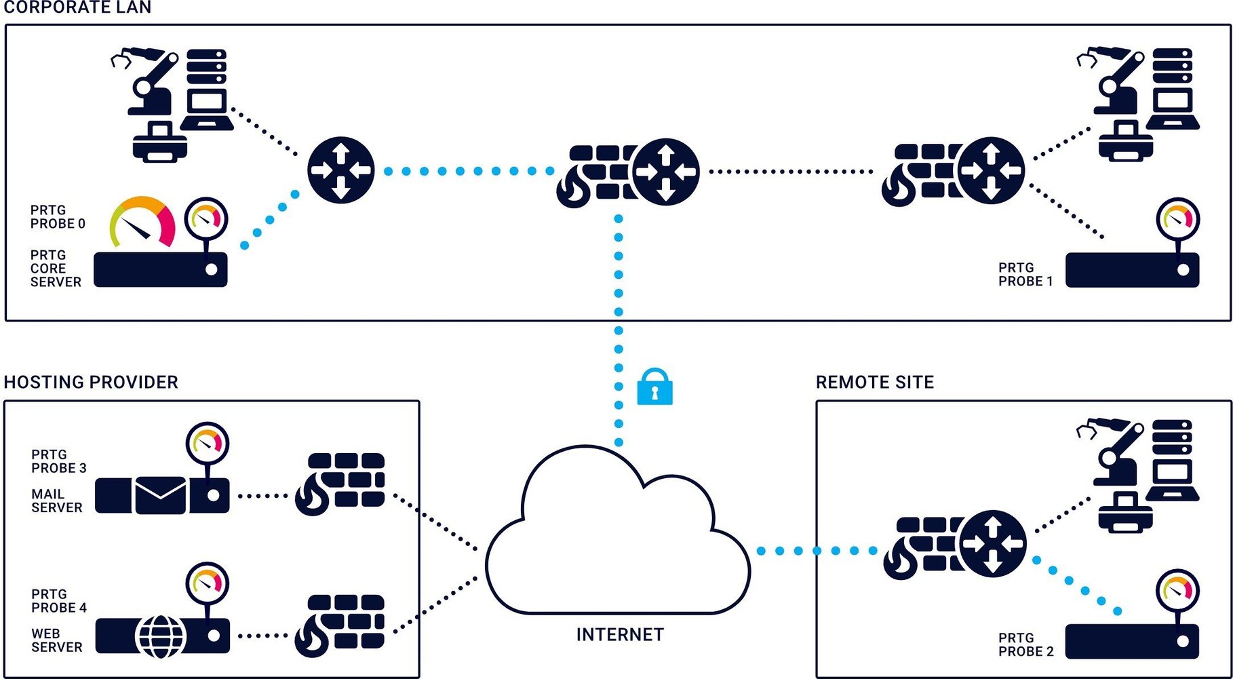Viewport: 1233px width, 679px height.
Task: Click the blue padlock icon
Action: point(654,388)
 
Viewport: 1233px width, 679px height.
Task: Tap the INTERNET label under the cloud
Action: point(620,635)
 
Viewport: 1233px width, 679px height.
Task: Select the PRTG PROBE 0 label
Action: point(58,217)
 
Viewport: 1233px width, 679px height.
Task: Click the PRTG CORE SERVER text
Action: point(55,269)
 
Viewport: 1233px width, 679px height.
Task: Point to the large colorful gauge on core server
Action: point(143,222)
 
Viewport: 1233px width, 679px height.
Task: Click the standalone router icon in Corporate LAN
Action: point(340,170)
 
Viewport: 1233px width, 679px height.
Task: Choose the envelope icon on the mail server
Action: point(161,495)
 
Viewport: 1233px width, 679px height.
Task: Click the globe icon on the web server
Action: point(161,636)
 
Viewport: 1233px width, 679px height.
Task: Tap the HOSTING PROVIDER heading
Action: point(91,383)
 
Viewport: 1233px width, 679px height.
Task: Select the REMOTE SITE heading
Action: point(874,383)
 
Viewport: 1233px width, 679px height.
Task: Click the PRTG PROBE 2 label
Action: point(1025,645)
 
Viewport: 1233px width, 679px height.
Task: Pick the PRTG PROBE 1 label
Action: point(1025,275)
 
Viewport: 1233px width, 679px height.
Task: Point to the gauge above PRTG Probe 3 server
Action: point(208,444)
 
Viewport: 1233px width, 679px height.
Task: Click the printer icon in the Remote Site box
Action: point(1124,515)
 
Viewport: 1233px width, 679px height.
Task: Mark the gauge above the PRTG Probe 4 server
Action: point(208,583)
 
